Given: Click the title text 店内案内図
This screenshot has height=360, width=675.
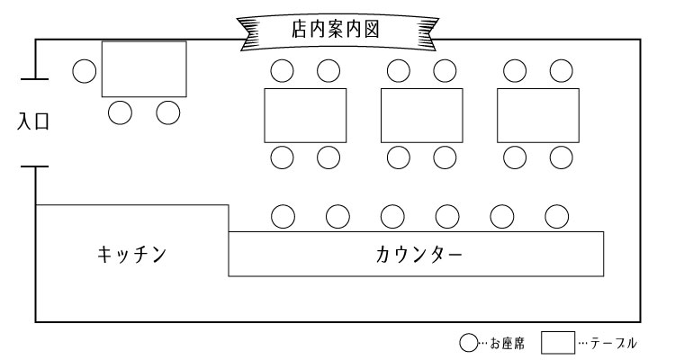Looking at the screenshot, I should (x=334, y=29).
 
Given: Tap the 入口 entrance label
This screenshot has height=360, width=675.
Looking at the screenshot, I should (x=33, y=122).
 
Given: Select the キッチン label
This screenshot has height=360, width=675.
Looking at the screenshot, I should (x=131, y=254).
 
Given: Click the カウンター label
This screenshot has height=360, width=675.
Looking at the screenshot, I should (x=418, y=254).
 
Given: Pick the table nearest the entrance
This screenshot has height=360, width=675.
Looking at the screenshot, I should (x=144, y=68).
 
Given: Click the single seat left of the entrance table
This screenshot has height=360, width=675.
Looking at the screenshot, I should (x=85, y=71).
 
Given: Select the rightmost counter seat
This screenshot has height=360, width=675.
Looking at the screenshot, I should (x=557, y=216).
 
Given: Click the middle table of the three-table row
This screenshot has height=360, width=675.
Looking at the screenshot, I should (x=421, y=115).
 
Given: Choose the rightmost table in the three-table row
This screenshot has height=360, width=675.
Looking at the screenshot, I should (x=537, y=115).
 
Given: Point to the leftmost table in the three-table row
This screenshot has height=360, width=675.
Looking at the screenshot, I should (x=305, y=115).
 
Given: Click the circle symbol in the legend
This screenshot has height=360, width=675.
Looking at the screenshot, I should (x=468, y=343).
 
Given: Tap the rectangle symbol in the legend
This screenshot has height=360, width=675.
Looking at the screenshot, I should (x=557, y=342).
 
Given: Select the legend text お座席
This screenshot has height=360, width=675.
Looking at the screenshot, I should (x=504, y=343).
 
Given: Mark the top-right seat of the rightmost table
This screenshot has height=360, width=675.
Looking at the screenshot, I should (x=561, y=70).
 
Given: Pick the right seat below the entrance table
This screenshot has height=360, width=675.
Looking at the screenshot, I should (x=168, y=112).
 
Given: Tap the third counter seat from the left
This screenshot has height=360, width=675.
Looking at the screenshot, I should (x=392, y=216).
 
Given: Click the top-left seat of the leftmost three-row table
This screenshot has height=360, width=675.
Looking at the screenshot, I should (x=283, y=70).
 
